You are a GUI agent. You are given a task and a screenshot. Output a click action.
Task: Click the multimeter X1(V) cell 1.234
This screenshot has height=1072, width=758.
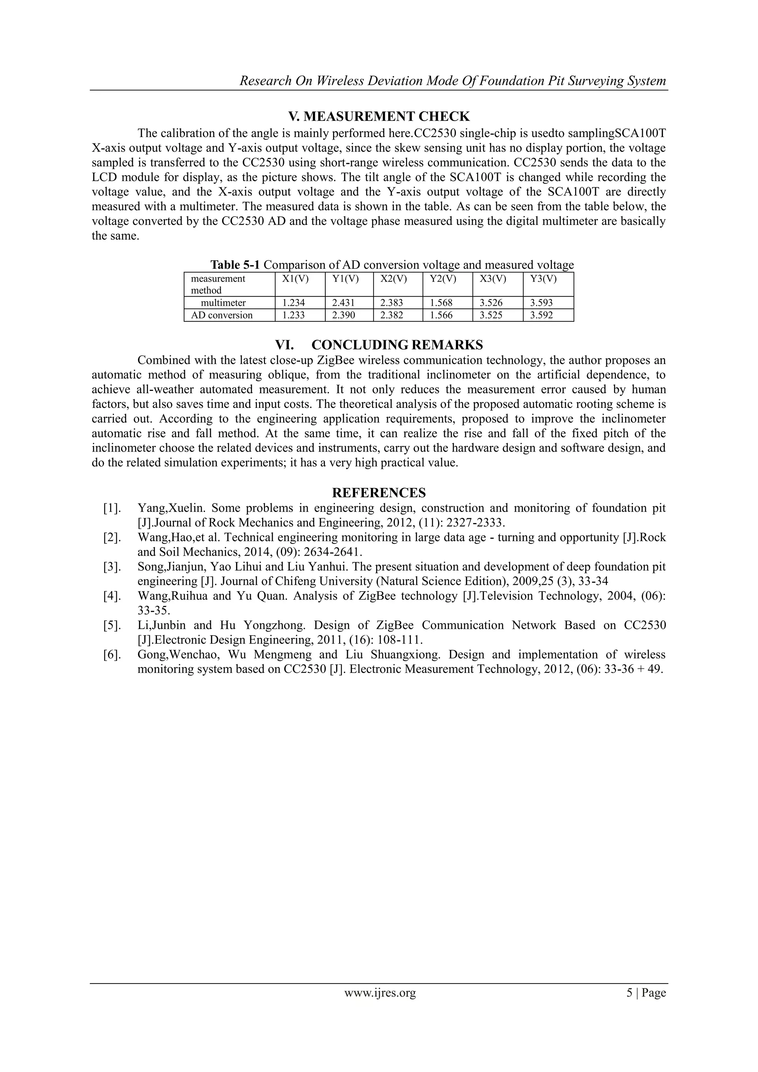click(294, 302)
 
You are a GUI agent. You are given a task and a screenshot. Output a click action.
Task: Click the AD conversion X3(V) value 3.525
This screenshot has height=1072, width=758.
click(491, 315)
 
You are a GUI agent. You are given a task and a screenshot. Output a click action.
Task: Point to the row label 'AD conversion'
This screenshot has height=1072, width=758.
click(222, 315)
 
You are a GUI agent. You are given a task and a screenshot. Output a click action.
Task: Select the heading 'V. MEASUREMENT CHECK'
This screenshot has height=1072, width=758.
click(379, 116)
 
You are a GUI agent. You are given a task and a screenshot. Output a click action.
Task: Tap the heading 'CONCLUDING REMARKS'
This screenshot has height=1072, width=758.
click(397, 345)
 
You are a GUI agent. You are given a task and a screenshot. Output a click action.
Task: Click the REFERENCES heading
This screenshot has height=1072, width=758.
click(379, 493)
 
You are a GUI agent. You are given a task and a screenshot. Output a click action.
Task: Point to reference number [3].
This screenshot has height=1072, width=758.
click(112, 567)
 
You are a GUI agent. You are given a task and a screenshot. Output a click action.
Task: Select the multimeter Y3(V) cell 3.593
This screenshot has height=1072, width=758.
click(541, 302)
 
